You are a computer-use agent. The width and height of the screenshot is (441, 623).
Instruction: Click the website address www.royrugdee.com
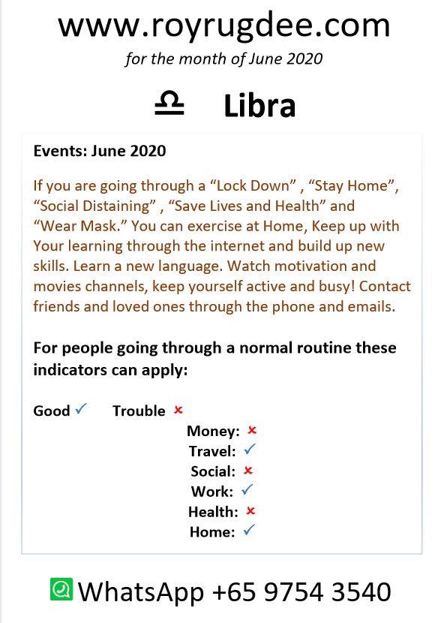(223, 26)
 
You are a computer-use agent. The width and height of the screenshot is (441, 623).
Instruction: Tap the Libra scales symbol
(169, 104)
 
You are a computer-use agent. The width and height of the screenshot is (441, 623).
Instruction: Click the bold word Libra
(259, 105)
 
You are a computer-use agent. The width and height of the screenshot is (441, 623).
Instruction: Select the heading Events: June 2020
(100, 151)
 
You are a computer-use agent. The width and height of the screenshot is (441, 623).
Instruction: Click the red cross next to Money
(252, 430)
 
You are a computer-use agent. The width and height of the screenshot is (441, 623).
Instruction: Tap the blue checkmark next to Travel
(250, 450)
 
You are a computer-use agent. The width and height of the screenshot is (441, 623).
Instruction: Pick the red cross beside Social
(248, 471)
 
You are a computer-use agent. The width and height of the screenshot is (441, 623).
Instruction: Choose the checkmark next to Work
(247, 489)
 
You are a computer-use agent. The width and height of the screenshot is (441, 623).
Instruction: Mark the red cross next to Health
(250, 510)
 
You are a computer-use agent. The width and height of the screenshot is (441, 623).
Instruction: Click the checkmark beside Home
(249, 530)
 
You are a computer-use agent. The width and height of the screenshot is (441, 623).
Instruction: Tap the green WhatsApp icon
(61, 589)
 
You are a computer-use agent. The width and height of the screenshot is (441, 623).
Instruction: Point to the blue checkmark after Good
(80, 408)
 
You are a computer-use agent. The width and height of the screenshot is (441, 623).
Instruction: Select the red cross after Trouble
(178, 410)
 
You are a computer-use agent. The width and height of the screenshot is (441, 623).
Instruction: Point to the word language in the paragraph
(190, 266)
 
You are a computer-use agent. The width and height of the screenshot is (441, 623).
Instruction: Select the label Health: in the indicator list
(213, 512)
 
